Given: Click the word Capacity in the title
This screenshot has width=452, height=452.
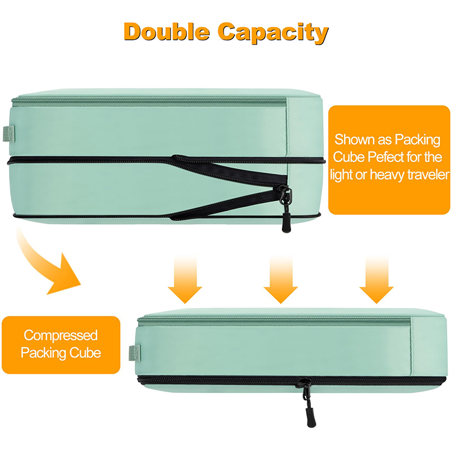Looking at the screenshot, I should [x=274, y=32].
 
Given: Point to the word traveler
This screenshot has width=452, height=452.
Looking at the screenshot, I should [x=425, y=175].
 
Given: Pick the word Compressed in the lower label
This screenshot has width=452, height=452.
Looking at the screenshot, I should [x=60, y=335].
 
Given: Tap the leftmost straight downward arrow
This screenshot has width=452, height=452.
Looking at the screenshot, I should [x=184, y=278].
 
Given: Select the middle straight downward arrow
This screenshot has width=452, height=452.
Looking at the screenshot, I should [x=280, y=278].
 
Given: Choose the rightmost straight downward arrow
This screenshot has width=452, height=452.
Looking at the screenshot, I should [x=376, y=278].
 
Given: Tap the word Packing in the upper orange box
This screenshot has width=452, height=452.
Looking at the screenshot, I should [x=418, y=140].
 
